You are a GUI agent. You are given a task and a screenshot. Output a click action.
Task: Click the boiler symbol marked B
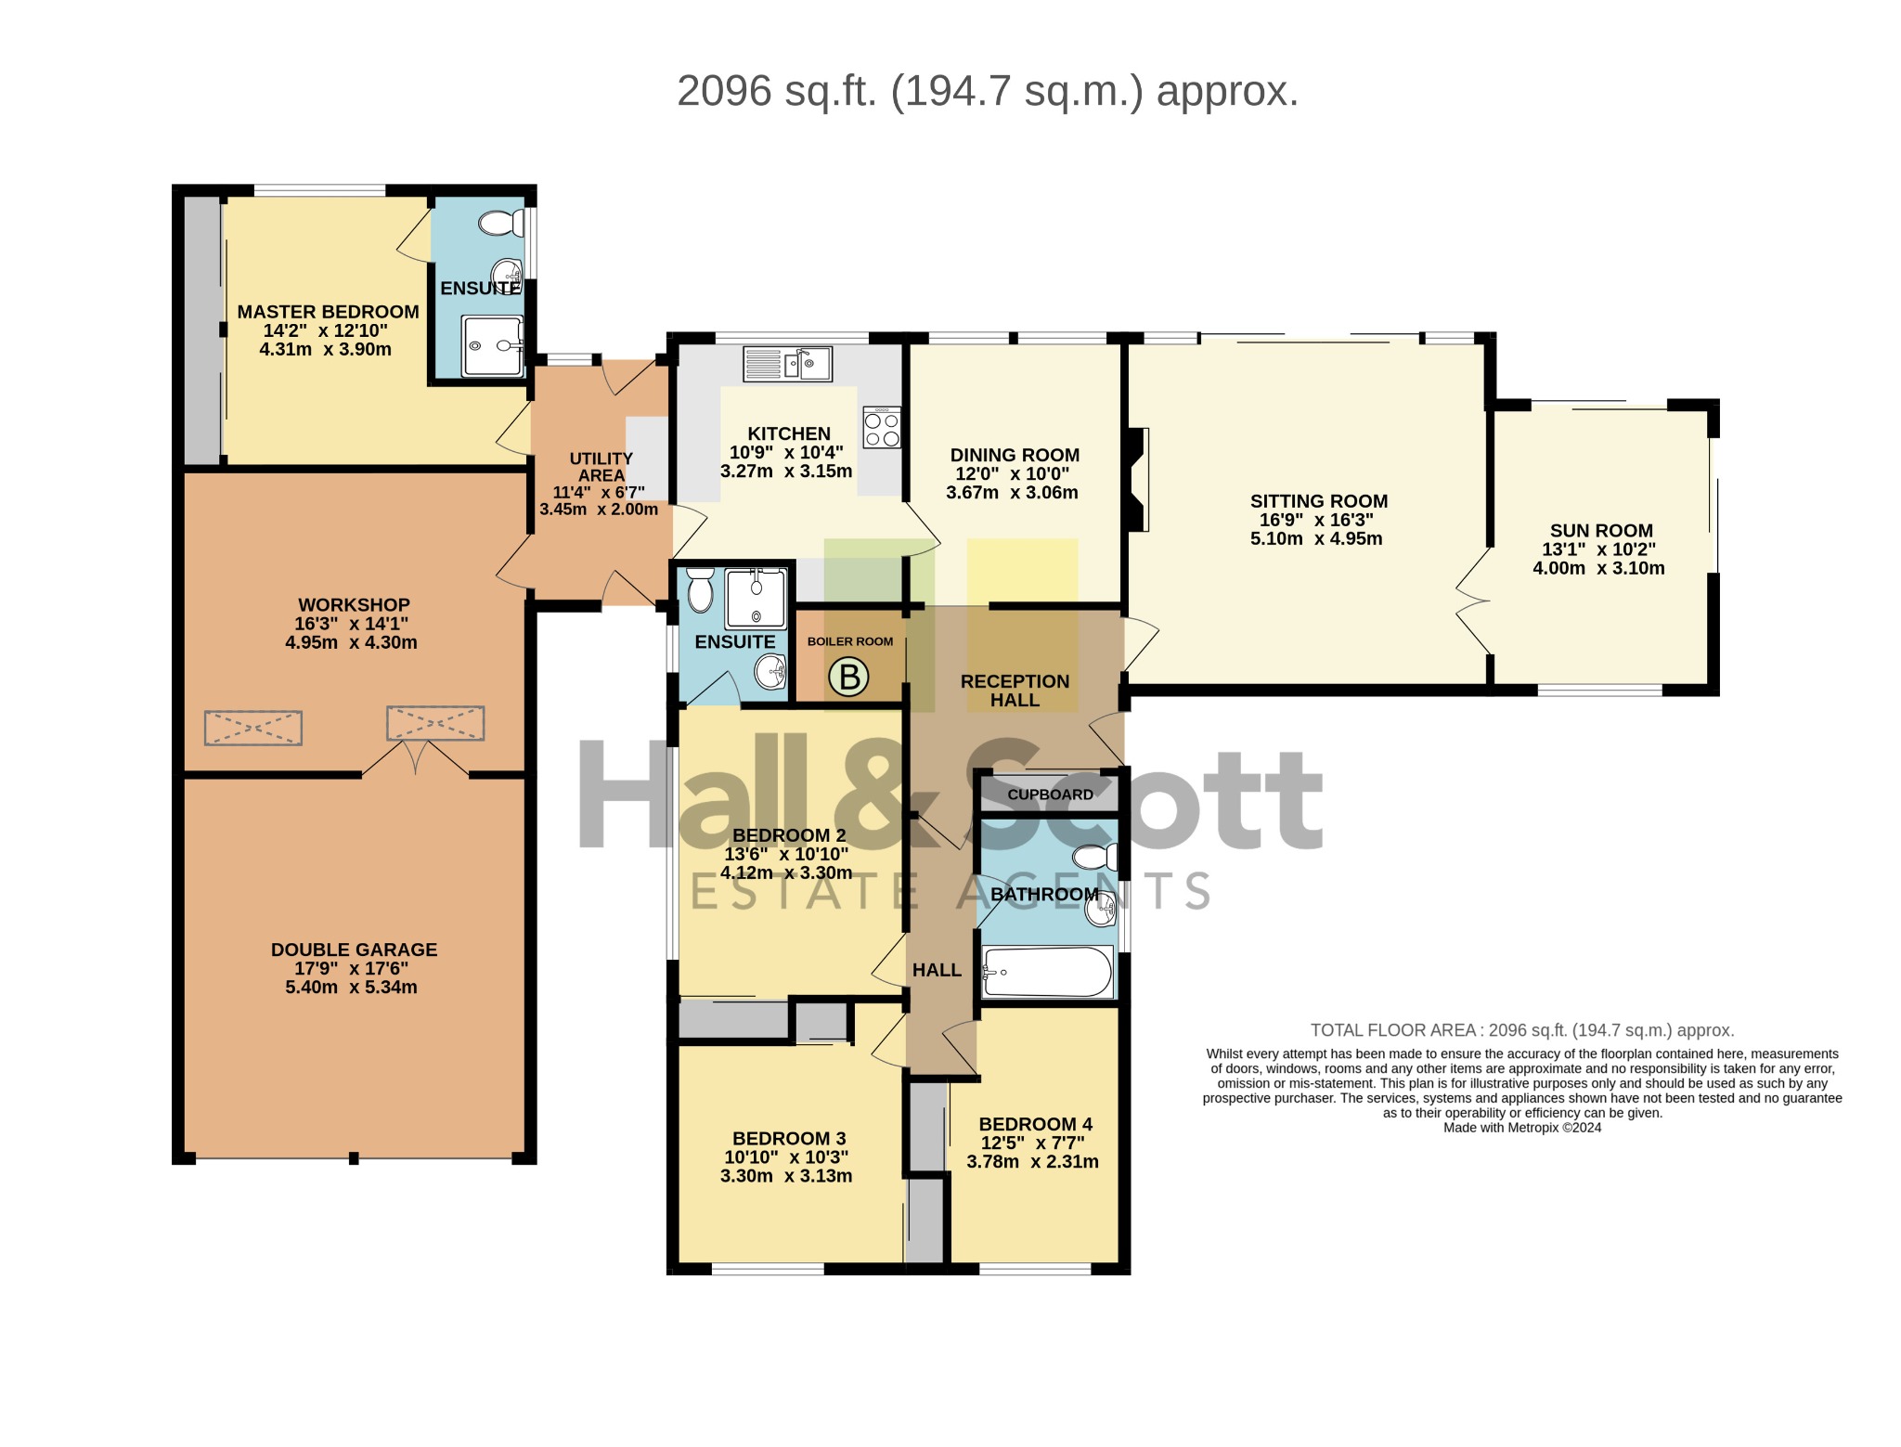pyautogui.click(x=848, y=677)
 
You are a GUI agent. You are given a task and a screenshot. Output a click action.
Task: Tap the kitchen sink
pyautogui.click(x=787, y=364)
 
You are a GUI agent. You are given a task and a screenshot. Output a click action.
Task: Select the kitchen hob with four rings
pyautogui.click(x=882, y=427)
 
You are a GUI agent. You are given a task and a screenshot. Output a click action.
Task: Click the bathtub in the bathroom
pyautogui.click(x=1047, y=972)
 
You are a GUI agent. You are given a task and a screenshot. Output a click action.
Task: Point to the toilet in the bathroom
pyautogui.click(x=1095, y=857)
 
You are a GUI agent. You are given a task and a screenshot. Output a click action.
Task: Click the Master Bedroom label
pyautogui.click(x=328, y=312)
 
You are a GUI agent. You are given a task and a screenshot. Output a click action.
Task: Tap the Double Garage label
pyautogui.click(x=354, y=950)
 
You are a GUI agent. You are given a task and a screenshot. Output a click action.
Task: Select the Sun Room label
pyautogui.click(x=1601, y=531)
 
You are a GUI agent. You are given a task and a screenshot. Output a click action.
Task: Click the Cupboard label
pyautogui.click(x=1050, y=795)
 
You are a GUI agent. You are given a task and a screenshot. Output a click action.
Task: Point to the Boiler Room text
pyautogui.click(x=850, y=641)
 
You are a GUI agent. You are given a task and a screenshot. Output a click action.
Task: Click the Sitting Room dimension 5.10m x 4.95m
pyautogui.click(x=1316, y=539)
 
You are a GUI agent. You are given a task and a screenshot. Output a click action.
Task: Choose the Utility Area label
pyautogui.click(x=601, y=467)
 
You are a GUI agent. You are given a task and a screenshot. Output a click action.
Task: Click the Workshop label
pyautogui.click(x=354, y=605)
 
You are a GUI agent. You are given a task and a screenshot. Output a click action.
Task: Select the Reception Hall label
pyautogui.click(x=1015, y=691)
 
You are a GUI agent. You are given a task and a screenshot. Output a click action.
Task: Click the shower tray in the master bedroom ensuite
pyautogui.click(x=493, y=345)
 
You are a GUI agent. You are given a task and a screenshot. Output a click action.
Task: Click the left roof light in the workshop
pyautogui.click(x=253, y=728)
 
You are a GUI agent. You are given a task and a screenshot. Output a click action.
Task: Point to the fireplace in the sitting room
pyautogui.click(x=1138, y=479)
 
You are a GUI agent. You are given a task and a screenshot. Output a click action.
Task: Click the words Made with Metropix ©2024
pyautogui.click(x=1522, y=1128)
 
